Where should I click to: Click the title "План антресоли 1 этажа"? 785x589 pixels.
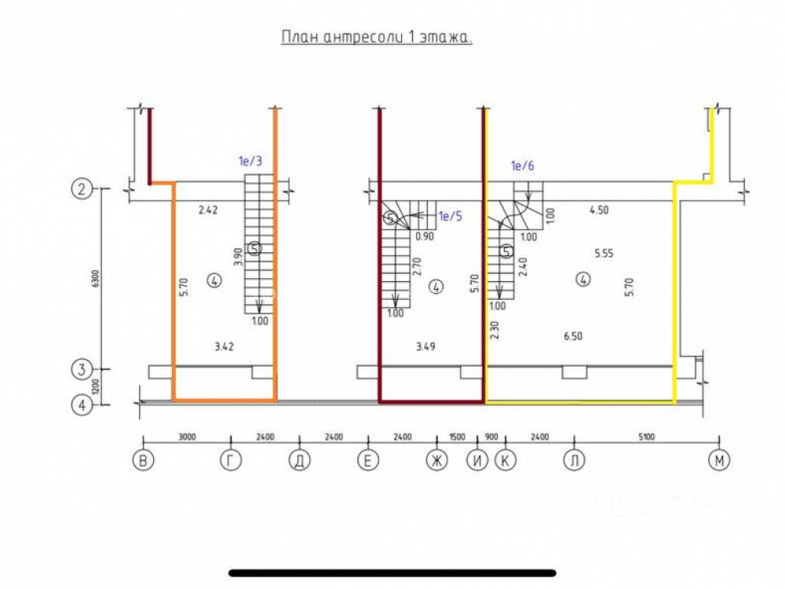tap(377, 38)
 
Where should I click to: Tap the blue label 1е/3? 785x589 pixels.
tap(250, 162)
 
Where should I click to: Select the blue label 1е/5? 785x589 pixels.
tap(450, 217)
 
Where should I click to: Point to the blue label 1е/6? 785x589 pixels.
tap(523, 166)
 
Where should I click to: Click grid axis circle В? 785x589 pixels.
tap(142, 462)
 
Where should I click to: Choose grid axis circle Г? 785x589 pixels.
tap(230, 462)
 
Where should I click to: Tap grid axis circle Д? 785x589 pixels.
tap(298, 462)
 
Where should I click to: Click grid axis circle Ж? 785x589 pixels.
tap(436, 462)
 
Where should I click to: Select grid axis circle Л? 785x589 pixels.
tap(575, 462)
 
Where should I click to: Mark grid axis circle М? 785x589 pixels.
tap(717, 462)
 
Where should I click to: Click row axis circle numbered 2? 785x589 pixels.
tap(82, 188)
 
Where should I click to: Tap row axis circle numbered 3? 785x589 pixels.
tap(82, 368)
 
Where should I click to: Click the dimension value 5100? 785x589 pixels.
tap(646, 437)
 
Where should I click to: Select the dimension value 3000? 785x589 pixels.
tap(186, 437)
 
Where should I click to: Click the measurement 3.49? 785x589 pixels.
tap(422, 346)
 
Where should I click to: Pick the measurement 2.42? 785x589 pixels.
tap(208, 210)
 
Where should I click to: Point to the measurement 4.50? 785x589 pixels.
tap(600, 210)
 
